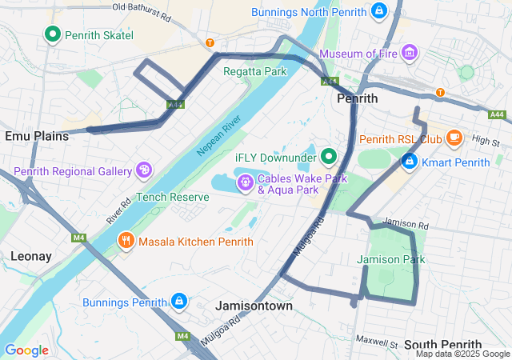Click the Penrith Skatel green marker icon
pos(53,34)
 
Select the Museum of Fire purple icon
pos(410,53)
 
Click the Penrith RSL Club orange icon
pos(454,138)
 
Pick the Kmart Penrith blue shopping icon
pos(409,162)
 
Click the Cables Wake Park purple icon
pos(245,184)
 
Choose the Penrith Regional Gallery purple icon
pos(144,170)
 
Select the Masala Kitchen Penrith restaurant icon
pos(126,240)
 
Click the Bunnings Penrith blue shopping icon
pos(179,301)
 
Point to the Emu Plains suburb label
pos(37,136)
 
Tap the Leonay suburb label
pos(31,256)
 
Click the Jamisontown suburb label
pos(254,306)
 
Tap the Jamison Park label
pos(390,259)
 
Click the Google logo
pos(26,350)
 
